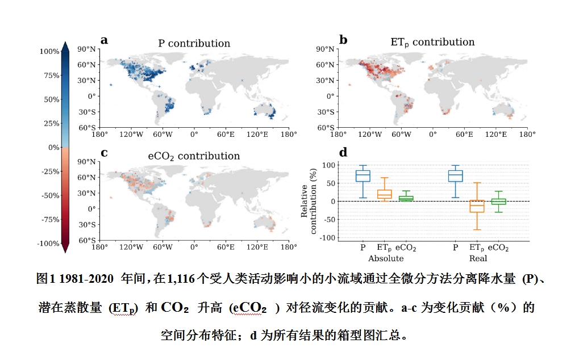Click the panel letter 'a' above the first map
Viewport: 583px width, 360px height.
click(x=104, y=40)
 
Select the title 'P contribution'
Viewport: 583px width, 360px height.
click(x=194, y=44)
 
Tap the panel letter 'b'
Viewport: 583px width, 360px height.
click(x=343, y=40)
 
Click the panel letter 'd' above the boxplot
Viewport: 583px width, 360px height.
click(x=343, y=152)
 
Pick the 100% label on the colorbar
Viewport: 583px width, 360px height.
click(x=49, y=52)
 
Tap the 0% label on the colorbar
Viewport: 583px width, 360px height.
click(x=54, y=148)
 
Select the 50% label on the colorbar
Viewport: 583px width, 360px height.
click(x=51, y=99)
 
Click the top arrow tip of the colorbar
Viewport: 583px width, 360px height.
click(x=65, y=43)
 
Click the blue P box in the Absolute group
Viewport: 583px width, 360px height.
click(x=363, y=175)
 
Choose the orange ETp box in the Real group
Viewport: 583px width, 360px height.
click(x=476, y=206)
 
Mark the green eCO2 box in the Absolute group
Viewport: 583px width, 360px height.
click(x=406, y=198)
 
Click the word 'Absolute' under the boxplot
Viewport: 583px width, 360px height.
click(x=385, y=258)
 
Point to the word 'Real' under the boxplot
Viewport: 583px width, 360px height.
click(x=478, y=258)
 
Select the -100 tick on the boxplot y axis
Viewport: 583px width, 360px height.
click(x=327, y=237)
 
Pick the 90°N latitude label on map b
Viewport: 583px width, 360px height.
click(x=326, y=49)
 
